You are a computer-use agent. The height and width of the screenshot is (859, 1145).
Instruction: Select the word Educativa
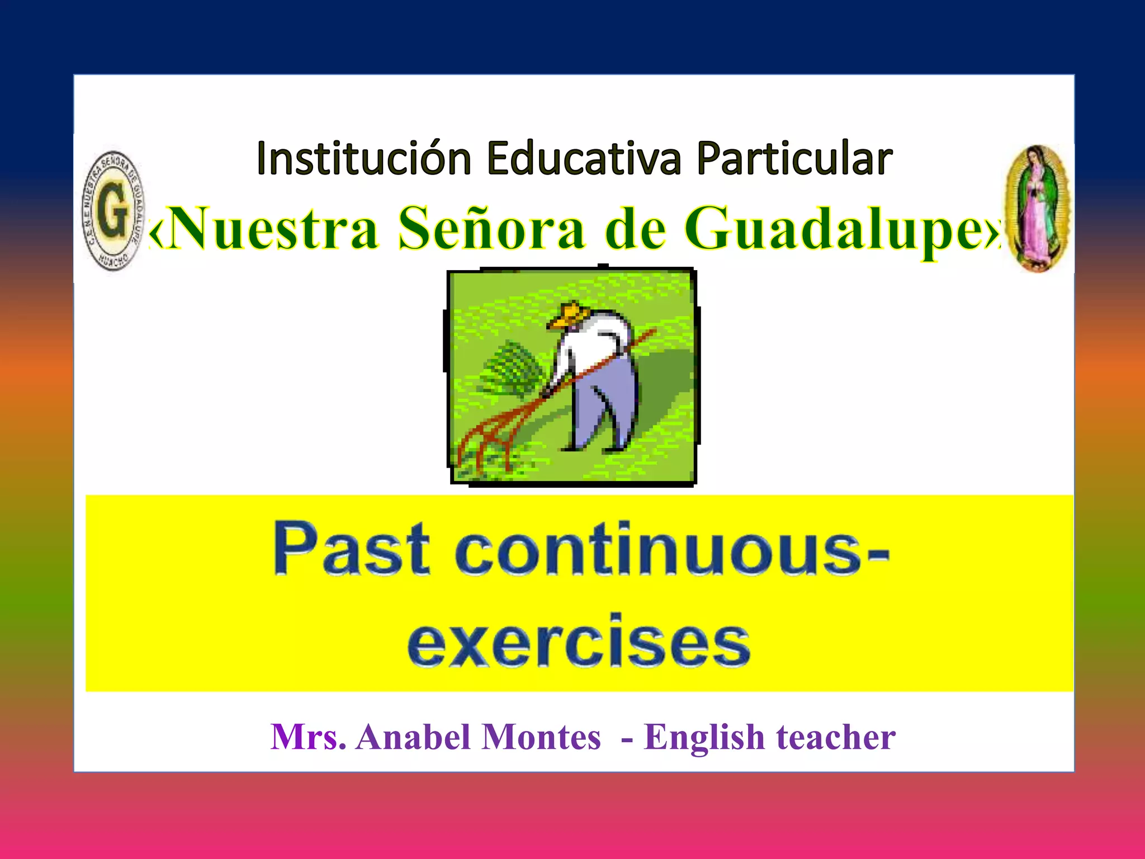tap(584, 159)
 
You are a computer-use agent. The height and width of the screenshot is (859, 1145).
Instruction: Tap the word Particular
tap(794, 159)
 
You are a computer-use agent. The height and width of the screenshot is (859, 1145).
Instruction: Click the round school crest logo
tap(113, 211)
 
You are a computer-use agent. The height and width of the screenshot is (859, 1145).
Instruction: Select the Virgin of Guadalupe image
tap(1038, 209)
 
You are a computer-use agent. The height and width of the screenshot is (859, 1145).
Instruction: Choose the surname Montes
tap(541, 737)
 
